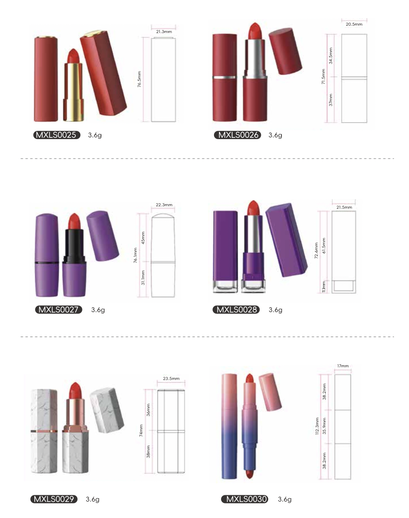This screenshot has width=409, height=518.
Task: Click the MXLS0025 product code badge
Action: point(57,135)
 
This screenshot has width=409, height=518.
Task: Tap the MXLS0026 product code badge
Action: point(238,135)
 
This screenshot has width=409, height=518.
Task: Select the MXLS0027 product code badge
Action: point(58,310)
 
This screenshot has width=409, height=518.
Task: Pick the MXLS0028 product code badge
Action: point(236,310)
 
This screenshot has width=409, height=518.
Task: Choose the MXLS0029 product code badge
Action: point(54,499)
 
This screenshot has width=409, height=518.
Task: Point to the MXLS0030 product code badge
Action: point(245,499)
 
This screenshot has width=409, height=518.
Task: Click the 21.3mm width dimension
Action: point(164,31)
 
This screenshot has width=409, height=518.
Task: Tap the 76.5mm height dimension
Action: point(140,79)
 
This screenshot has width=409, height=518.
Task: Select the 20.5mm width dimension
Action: point(354,24)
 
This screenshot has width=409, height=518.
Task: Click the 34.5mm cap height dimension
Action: point(331,55)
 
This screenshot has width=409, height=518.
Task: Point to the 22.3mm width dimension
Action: point(164,205)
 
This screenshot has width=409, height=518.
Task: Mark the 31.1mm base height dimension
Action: point(143,277)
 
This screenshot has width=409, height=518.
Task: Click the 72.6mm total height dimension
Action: point(316,251)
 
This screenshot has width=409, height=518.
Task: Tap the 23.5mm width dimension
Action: point(171,378)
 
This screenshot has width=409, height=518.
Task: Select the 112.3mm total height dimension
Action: point(317,426)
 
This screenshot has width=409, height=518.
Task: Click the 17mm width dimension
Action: point(343,366)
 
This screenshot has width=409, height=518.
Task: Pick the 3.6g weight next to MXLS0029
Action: point(93,499)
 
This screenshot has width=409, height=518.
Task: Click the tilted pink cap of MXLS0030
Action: point(270,392)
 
